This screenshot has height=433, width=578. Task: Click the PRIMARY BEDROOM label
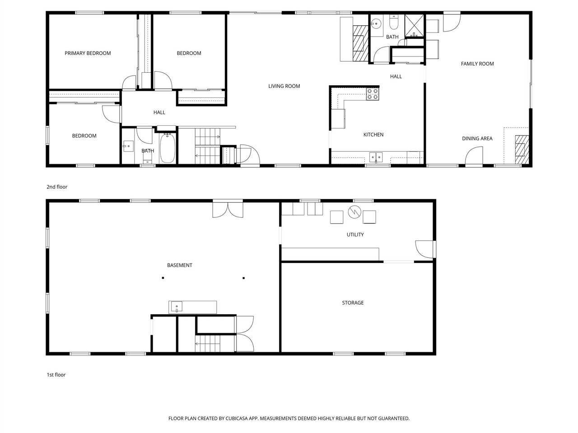tap(88, 53)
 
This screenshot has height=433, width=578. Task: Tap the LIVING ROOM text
tap(284, 86)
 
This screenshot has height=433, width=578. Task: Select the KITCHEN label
tap(373, 134)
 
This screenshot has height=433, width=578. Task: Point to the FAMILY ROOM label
tap(477, 64)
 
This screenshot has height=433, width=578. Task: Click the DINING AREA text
tap(477, 138)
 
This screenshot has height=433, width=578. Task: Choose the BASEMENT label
tap(180, 265)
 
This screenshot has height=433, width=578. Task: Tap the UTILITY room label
tap(355, 235)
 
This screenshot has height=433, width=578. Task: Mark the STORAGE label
tap(353, 303)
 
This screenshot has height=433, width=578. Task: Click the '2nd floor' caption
tap(57, 187)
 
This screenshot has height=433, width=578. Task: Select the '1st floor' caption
tap(56, 375)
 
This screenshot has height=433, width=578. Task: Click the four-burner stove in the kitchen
tap(373, 94)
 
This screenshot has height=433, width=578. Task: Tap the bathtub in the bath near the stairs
tap(168, 147)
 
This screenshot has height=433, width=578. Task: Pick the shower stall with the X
tap(415, 25)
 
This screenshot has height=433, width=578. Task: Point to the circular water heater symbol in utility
tap(354, 212)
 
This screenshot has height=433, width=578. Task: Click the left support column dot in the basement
tap(163, 278)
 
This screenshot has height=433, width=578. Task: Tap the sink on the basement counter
tap(177, 307)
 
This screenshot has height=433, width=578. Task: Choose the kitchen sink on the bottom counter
tap(376, 157)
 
